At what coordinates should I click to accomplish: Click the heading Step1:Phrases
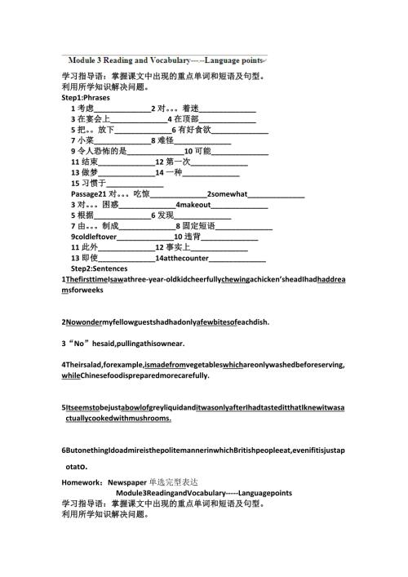(84, 97)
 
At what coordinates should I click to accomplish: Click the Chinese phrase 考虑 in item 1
(86, 108)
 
